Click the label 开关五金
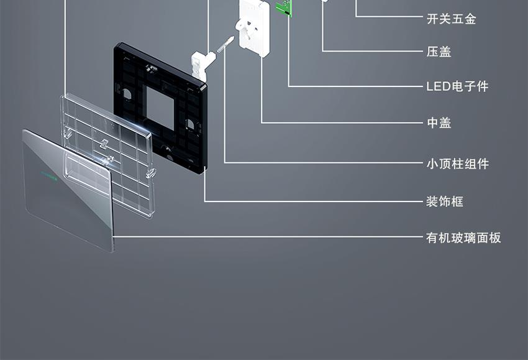(x=451, y=19)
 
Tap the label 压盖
(x=439, y=52)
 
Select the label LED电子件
(x=457, y=86)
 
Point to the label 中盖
(x=439, y=122)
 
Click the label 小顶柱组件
(x=457, y=164)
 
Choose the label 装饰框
(x=445, y=201)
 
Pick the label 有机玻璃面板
(x=463, y=238)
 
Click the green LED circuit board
(x=284, y=7)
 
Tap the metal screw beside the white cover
(x=225, y=45)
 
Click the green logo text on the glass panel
(x=49, y=175)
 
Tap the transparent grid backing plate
(x=107, y=155)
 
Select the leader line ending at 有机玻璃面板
(x=268, y=237)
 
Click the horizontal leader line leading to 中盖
(x=342, y=122)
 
